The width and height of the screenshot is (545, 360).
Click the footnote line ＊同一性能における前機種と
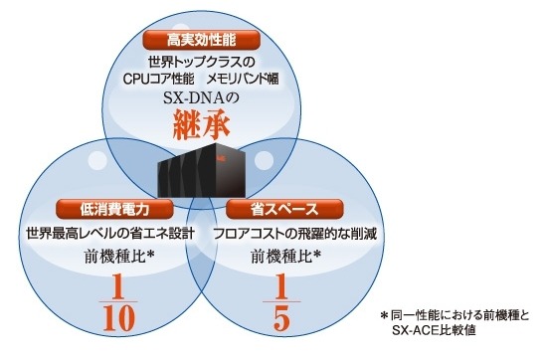pos(455,314)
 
